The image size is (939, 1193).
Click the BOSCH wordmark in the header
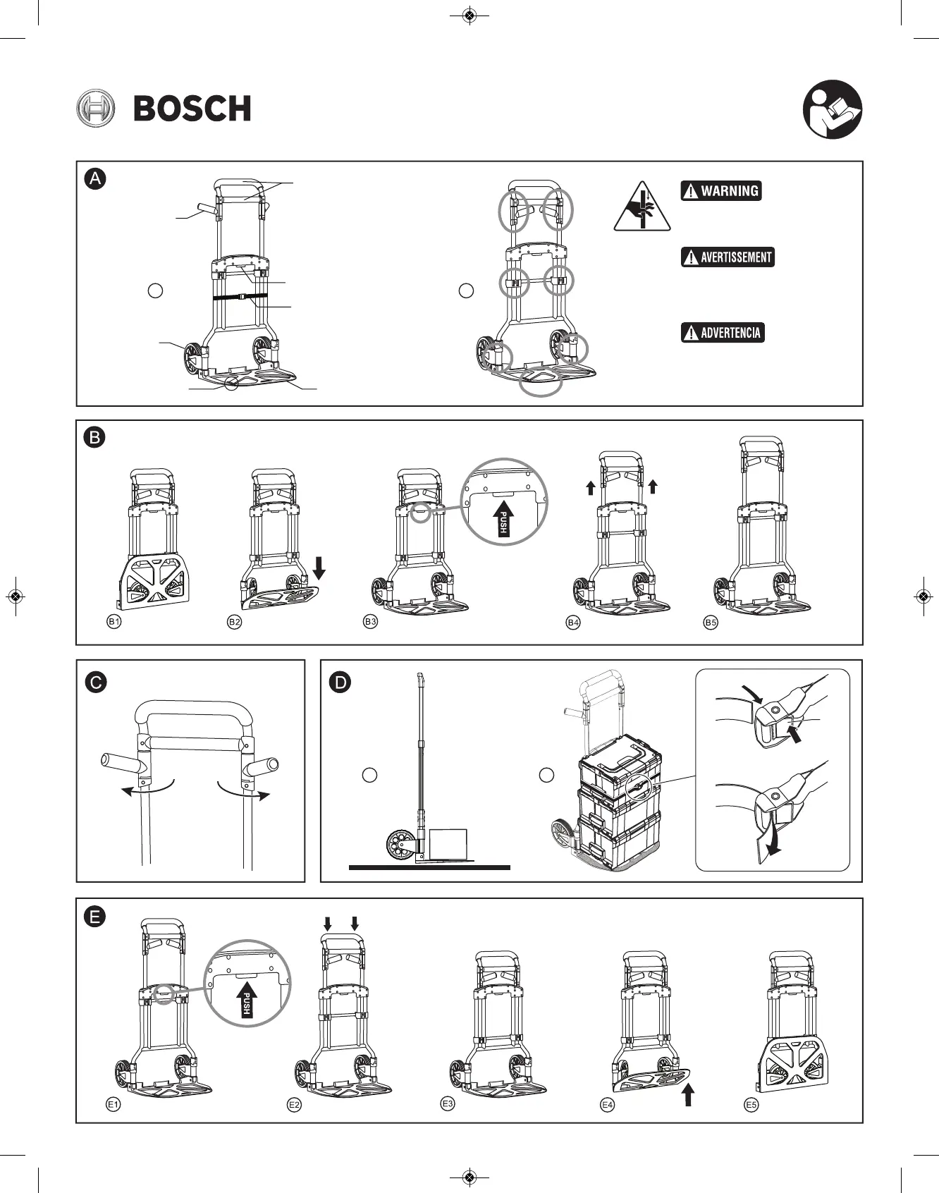tap(192, 109)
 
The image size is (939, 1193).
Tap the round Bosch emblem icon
tap(95, 109)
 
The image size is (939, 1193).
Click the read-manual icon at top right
tap(833, 109)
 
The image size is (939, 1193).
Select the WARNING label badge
tap(721, 191)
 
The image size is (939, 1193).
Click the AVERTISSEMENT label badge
tap(728, 257)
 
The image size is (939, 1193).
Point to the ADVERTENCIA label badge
tap(723, 333)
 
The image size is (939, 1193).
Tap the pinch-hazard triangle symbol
tap(642, 207)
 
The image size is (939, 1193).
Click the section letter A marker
tap(94, 178)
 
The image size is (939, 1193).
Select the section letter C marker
tap(96, 683)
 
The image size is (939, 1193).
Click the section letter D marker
tap(340, 683)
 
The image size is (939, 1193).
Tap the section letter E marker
tap(94, 917)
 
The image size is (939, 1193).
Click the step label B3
tap(370, 621)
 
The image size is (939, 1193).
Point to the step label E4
tap(607, 1105)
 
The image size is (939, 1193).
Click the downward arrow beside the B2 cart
tap(318, 567)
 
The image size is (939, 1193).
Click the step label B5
tap(711, 623)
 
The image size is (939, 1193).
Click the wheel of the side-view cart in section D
tap(401, 844)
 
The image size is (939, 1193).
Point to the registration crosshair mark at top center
tap(469, 16)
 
